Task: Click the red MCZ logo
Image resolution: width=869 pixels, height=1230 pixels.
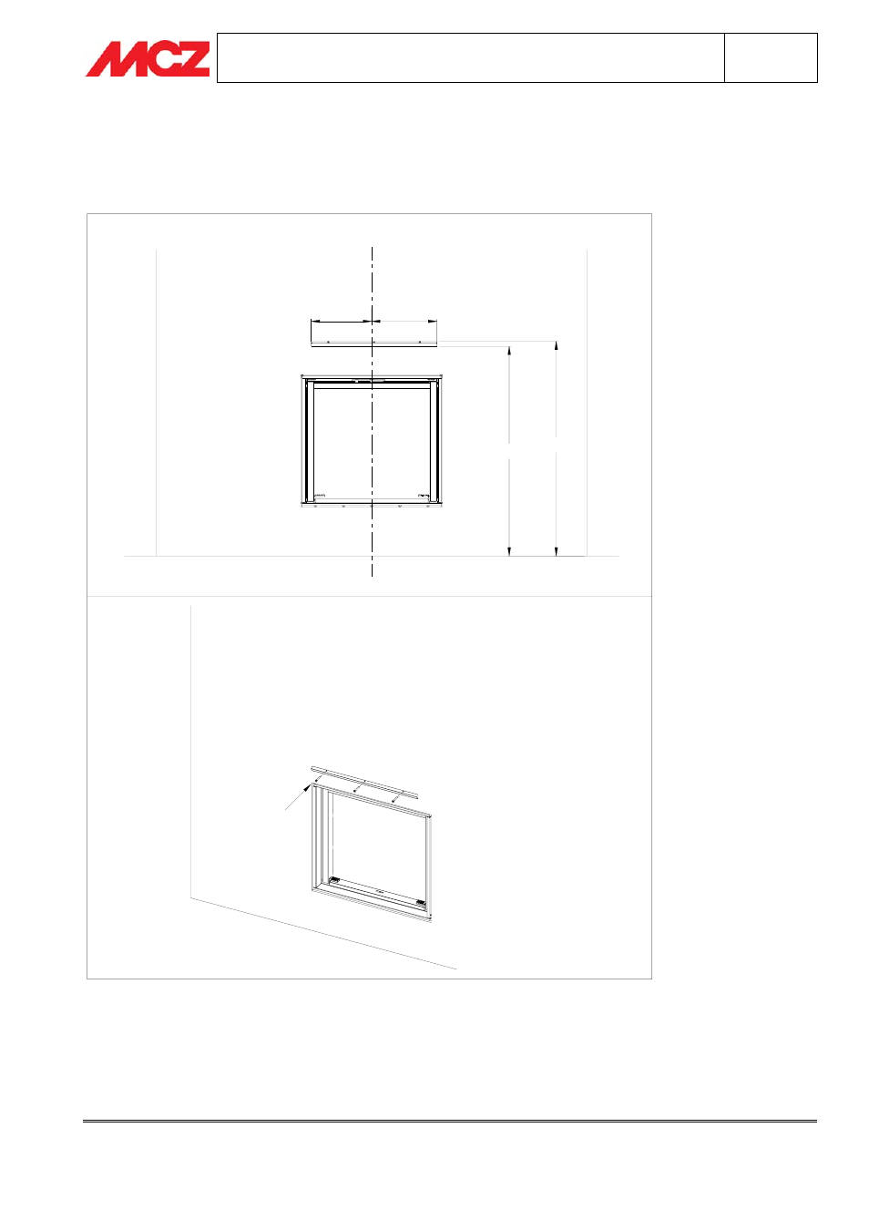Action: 148,58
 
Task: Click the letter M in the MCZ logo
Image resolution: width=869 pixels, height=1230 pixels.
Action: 113,58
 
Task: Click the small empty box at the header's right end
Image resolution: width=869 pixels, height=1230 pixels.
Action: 771,57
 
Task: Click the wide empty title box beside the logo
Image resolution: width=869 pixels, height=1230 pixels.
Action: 470,57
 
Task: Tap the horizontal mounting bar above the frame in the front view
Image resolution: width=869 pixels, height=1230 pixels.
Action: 373,343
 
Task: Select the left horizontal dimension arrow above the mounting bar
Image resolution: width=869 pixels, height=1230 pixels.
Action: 342,321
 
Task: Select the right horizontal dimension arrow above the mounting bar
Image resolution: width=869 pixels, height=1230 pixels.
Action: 404,321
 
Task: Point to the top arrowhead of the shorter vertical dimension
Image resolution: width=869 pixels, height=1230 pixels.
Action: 509,352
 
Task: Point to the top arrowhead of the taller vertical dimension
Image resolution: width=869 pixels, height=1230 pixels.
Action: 556,346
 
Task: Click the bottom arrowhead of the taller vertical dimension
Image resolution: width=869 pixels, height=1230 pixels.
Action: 556,550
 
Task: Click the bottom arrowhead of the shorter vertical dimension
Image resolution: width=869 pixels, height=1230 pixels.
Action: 509,550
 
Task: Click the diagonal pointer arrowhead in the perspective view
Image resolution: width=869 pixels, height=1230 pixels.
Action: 306,788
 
